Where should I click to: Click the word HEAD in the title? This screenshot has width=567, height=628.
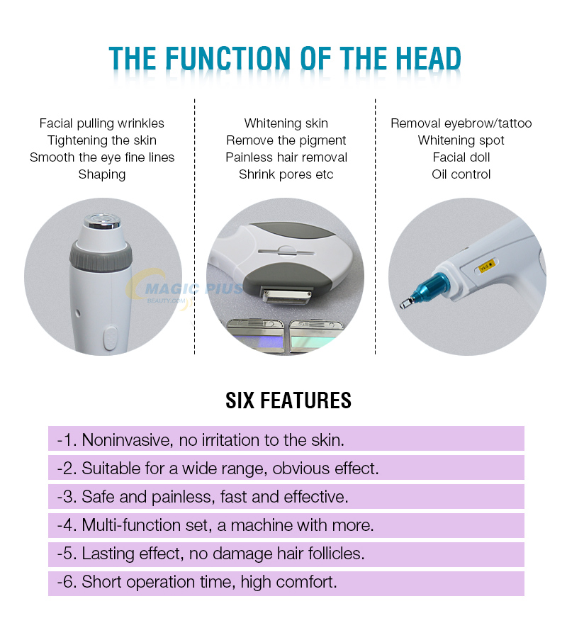click(x=428, y=58)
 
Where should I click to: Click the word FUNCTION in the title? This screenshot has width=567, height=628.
click(x=228, y=58)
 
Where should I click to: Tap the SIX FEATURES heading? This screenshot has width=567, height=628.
click(x=288, y=400)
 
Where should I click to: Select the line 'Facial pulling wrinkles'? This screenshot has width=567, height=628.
click(x=102, y=123)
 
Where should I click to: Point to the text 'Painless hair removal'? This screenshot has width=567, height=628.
click(x=286, y=157)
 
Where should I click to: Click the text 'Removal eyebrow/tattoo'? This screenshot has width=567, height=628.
click(x=461, y=123)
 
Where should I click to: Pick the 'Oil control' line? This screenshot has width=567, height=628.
click(x=461, y=174)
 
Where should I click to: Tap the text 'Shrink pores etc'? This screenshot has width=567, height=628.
click(x=286, y=174)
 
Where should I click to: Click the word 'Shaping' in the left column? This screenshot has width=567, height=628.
click(x=102, y=174)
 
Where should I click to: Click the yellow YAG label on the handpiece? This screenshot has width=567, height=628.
click(x=488, y=266)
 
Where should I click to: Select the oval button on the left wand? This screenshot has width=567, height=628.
click(x=110, y=338)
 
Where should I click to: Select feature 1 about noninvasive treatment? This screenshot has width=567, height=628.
click(x=201, y=440)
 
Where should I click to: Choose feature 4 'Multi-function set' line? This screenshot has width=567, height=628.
click(x=215, y=525)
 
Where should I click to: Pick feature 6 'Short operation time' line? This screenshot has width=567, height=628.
click(x=197, y=582)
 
